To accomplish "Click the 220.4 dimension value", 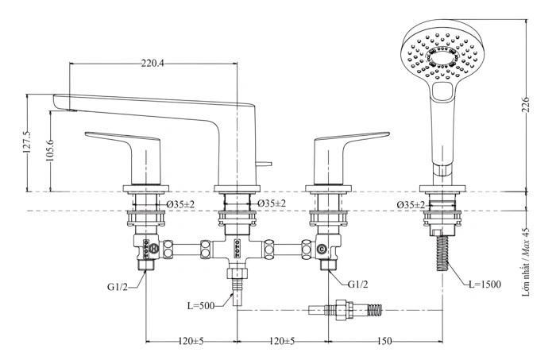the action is [x=153, y=64].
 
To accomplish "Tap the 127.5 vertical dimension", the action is [x=27, y=142].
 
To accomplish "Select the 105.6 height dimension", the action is [x=49, y=151].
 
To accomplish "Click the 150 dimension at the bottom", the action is [x=384, y=341].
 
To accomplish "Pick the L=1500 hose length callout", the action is [x=485, y=285].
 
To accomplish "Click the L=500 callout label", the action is [x=201, y=305].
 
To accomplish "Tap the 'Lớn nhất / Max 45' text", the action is [x=526, y=261].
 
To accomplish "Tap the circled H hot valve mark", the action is [x=154, y=249].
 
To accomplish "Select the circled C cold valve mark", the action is [x=321, y=250].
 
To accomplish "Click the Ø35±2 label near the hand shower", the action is [x=411, y=205].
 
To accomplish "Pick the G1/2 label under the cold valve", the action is [x=357, y=284].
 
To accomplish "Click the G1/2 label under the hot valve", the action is [x=117, y=287].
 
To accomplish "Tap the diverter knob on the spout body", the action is [x=264, y=164].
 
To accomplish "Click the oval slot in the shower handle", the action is [x=443, y=92].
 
